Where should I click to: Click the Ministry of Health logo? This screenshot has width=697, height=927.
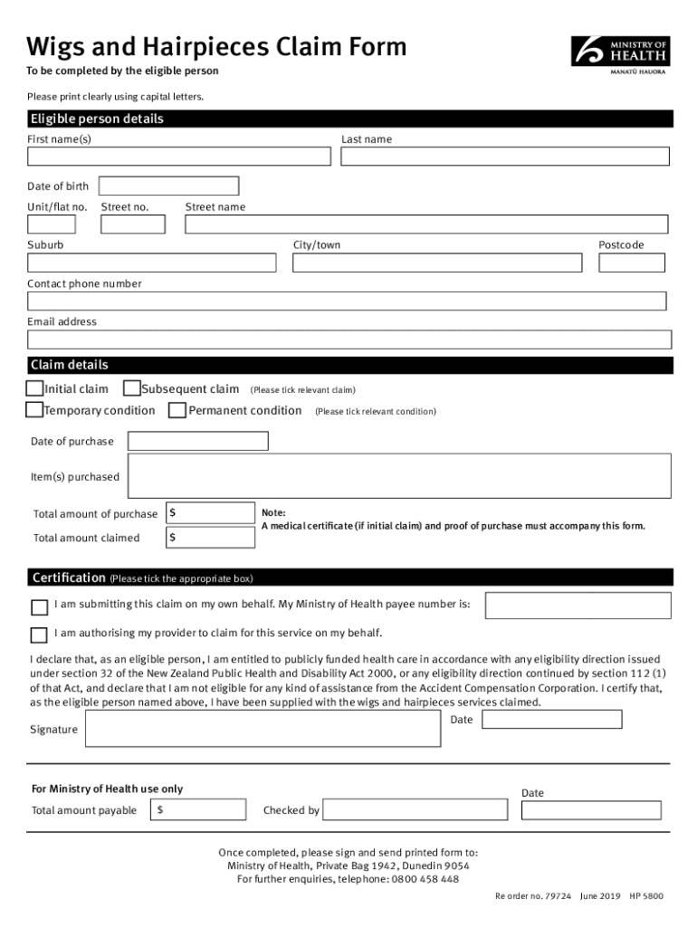tap(621, 53)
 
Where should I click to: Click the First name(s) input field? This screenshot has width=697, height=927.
tap(179, 157)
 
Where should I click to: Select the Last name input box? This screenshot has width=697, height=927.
tap(505, 157)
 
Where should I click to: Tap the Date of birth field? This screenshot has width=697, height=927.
tap(168, 186)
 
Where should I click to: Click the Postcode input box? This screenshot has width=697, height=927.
tap(631, 263)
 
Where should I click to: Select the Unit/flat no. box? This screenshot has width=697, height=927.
tap(52, 225)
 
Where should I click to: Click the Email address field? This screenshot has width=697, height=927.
tap(349, 339)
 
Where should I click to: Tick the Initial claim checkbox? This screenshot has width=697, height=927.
tap(34, 389)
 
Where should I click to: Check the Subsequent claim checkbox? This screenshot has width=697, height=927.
tap(131, 389)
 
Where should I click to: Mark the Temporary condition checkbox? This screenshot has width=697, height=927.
tap(34, 411)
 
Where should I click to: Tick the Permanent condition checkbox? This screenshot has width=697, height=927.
tap(178, 411)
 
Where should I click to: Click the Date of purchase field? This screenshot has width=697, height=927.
tap(198, 442)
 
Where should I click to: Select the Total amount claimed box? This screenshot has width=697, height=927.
tap(210, 538)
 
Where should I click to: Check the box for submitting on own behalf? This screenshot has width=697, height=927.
tap(39, 607)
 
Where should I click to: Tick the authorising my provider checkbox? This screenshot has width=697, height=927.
tap(39, 634)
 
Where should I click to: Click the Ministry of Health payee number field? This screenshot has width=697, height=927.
tap(578, 606)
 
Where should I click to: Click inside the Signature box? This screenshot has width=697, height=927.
tap(263, 730)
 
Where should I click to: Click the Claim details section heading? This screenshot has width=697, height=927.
tap(70, 366)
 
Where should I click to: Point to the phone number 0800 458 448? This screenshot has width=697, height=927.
tap(425, 879)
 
